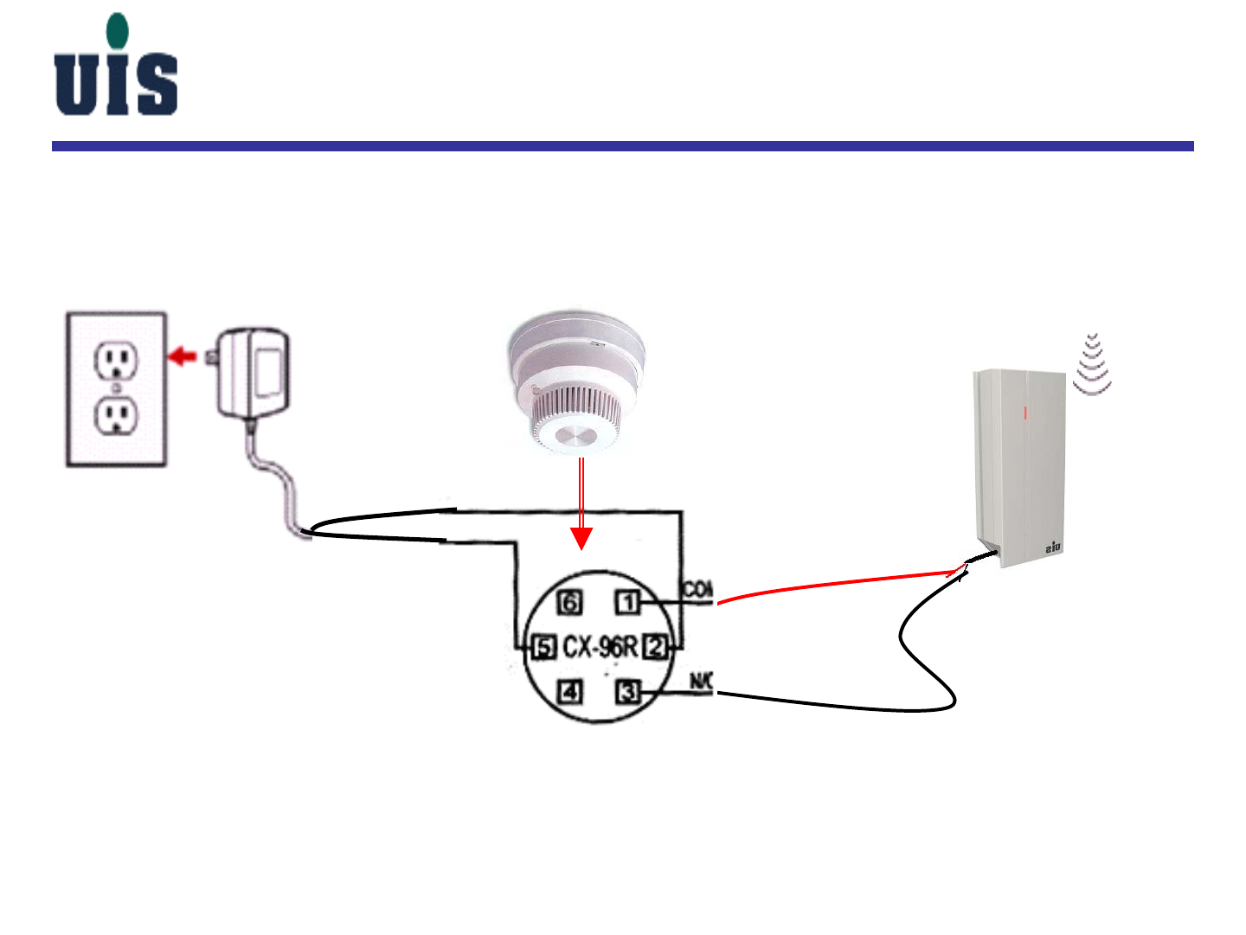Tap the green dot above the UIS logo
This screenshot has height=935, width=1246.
117,30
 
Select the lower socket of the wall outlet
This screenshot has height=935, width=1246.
116,417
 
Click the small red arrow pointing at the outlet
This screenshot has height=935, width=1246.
182,355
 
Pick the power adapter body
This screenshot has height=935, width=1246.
254,374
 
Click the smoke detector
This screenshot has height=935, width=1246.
576,381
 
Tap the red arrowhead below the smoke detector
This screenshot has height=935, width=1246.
582,538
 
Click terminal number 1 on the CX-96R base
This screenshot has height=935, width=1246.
629,602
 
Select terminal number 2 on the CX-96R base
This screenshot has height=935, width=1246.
657,646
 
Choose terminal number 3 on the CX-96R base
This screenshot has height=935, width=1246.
628,692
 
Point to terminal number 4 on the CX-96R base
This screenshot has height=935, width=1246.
569,692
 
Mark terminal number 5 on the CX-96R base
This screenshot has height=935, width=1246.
543,647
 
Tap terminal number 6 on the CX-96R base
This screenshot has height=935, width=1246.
569,602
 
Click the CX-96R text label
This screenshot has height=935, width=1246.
600,647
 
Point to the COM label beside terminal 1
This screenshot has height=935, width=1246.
698,590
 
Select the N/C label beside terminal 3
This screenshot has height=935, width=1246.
701,682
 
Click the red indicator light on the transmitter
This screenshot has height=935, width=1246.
1027,413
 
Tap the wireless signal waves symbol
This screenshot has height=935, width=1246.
1093,364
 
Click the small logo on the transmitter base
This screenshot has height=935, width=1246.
1053,548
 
